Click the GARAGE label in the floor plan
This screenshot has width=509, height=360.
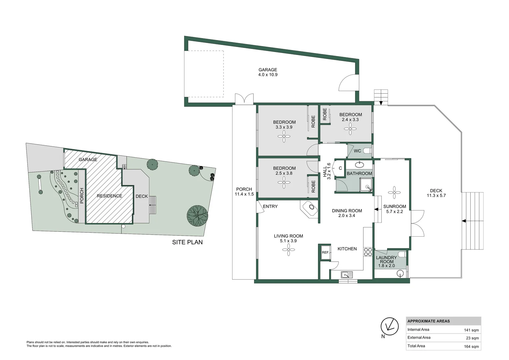pyautogui.click(x=267, y=70)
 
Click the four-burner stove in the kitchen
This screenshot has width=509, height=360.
pyautogui.click(x=368, y=252)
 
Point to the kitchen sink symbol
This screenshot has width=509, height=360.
pyautogui.click(x=346, y=275)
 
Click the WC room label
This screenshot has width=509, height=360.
pyautogui.click(x=357, y=151)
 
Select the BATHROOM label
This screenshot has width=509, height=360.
pyautogui.click(x=359, y=174)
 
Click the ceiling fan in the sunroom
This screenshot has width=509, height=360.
pyautogui.click(x=394, y=192)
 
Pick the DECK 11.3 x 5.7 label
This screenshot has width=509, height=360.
pyautogui.click(x=436, y=193)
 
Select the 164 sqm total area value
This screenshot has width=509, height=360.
pyautogui.click(x=471, y=347)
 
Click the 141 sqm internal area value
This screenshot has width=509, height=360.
pyautogui.click(x=471, y=330)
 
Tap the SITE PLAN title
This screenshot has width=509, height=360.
pyautogui.click(x=187, y=242)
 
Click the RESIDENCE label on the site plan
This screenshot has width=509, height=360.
pyautogui.click(x=109, y=196)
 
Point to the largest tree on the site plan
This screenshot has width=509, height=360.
pyautogui.click(x=197, y=216)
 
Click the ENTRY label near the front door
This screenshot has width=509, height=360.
pyautogui.click(x=270, y=207)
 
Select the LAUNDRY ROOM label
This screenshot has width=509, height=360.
pyautogui.click(x=386, y=260)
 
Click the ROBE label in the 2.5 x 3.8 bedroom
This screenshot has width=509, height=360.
pyautogui.click(x=313, y=187)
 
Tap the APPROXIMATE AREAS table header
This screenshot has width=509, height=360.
pyautogui.click(x=428, y=321)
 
